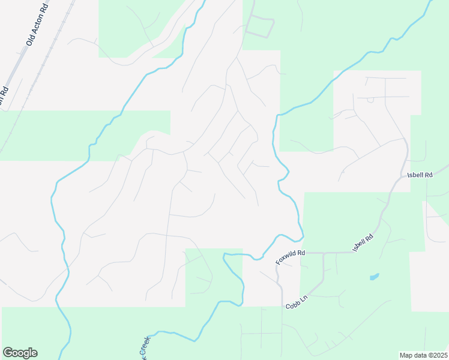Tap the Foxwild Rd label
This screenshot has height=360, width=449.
pyautogui.click(x=291, y=256)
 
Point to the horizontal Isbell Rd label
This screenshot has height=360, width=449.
pyautogui.click(x=420, y=175)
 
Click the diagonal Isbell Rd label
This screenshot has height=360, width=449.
pyautogui.click(x=363, y=242)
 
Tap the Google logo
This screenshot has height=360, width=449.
pyautogui.click(x=20, y=353)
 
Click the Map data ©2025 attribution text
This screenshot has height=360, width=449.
pyautogui.click(x=423, y=355)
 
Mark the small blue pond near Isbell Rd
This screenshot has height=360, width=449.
pyautogui.click(x=374, y=277)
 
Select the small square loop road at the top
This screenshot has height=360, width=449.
pyautogui.click(x=260, y=26)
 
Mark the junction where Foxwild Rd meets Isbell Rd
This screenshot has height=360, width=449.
pyautogui.click(x=324, y=253)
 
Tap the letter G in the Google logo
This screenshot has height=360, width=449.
pyautogui.click(x=8, y=353)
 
